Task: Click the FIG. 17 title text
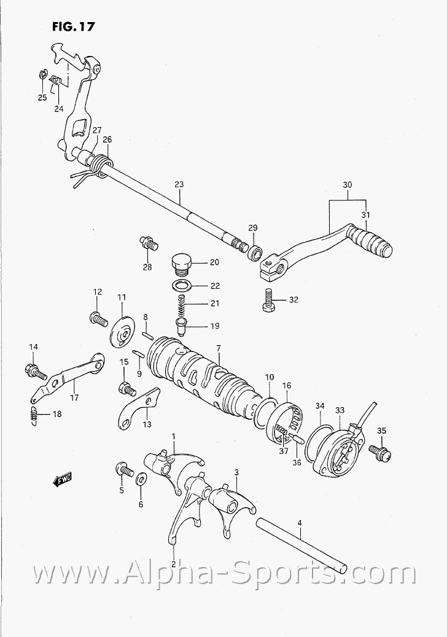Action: [72, 27]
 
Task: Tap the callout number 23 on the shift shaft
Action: [179, 184]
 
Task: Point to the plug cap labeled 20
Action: [181, 263]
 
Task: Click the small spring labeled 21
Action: [181, 303]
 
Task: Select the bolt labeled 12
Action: [97, 318]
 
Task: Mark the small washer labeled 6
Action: [142, 479]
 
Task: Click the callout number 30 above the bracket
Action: [348, 185]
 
